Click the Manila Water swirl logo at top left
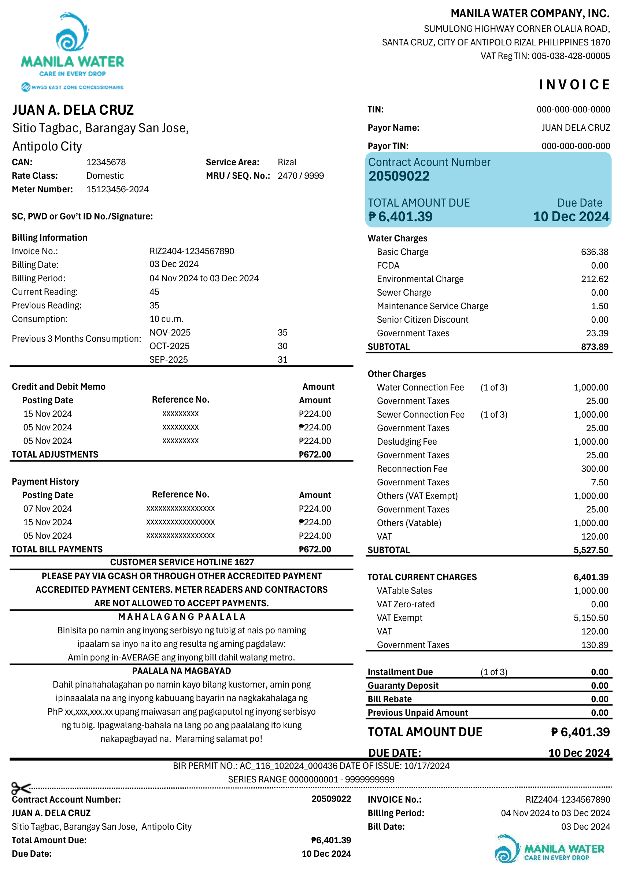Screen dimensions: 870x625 (x=72, y=33)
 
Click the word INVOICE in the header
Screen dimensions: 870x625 (x=574, y=85)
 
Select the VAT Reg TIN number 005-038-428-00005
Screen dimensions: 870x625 (x=570, y=56)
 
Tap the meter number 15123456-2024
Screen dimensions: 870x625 (x=117, y=189)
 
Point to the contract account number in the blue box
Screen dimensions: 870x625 (x=399, y=176)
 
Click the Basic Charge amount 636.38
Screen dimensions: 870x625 (x=594, y=252)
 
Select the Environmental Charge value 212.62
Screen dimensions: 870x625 (x=594, y=279)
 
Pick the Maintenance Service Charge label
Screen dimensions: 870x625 (x=432, y=306)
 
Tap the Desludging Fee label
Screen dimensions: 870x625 (x=407, y=441)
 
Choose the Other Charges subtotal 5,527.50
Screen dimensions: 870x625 (x=591, y=550)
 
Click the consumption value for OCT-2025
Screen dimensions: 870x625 (x=282, y=346)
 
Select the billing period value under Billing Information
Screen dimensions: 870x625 (x=204, y=278)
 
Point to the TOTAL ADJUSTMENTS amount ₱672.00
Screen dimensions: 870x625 (x=315, y=455)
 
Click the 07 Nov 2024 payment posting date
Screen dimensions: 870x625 (x=48, y=509)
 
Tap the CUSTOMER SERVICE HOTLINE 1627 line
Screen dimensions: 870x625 (x=182, y=562)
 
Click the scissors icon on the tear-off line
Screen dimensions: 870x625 (x=21, y=789)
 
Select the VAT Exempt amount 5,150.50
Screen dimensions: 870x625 (x=591, y=618)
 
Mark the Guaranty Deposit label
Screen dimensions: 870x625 (x=403, y=685)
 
